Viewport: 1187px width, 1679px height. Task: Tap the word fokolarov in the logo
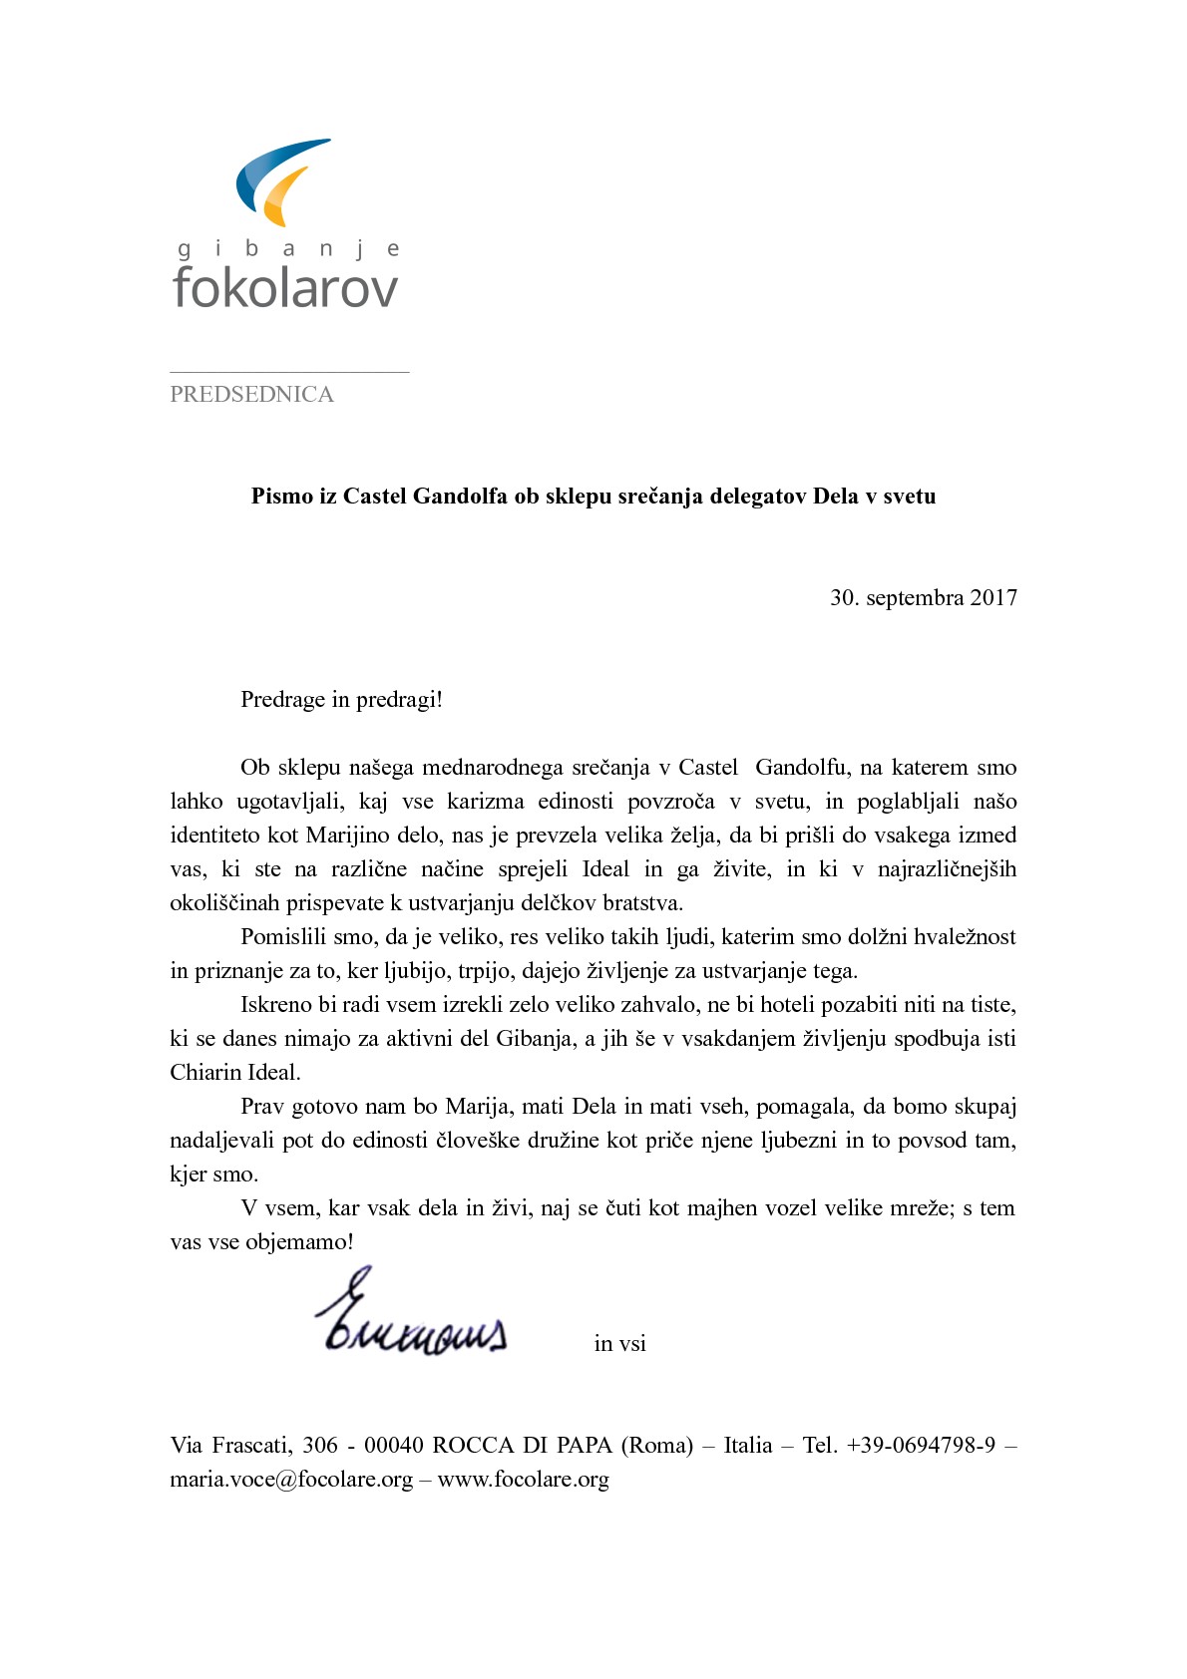coord(285,287)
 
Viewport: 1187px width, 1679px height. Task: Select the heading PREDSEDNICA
coord(251,395)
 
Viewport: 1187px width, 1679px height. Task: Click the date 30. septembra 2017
coord(923,598)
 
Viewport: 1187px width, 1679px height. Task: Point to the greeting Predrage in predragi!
coord(341,700)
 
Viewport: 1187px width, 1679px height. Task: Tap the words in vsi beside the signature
coord(619,1344)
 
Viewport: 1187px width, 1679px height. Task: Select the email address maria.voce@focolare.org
coord(291,1480)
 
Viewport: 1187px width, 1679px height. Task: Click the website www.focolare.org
coord(523,1480)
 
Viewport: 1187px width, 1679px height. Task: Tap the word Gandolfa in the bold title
coord(460,497)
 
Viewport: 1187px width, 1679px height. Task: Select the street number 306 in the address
coord(321,1446)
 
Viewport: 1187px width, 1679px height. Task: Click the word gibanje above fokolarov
coord(287,249)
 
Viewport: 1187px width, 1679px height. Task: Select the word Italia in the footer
coord(748,1446)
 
